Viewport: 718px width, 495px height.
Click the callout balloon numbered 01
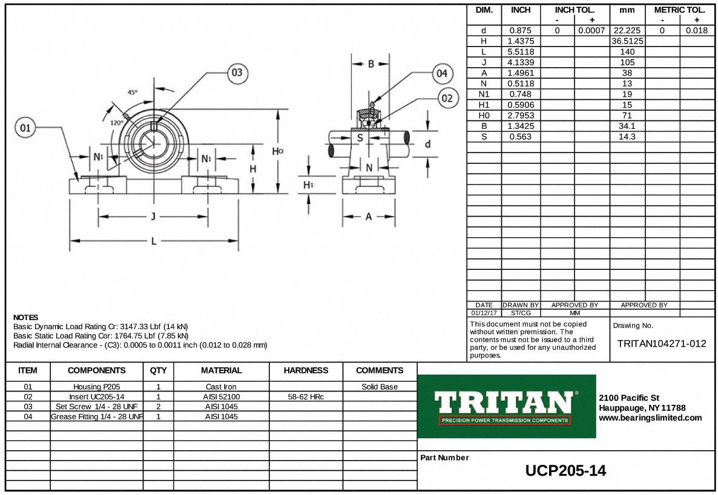click(x=25, y=128)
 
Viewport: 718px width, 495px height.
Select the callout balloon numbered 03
click(x=237, y=73)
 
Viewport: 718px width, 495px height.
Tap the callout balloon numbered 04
click(x=443, y=73)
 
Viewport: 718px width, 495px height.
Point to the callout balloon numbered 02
click(x=447, y=99)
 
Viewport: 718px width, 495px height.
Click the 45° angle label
click(x=132, y=93)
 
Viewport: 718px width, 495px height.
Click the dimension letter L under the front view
click(x=153, y=241)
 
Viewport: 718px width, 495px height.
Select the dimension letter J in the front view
click(x=153, y=217)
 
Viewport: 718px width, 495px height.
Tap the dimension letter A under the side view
click(x=368, y=217)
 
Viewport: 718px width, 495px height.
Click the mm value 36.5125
click(x=627, y=41)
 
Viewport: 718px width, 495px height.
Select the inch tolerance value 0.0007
click(x=591, y=31)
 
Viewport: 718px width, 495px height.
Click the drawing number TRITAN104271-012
click(x=662, y=344)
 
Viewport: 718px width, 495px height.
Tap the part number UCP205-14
click(x=565, y=471)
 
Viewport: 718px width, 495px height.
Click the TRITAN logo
click(x=506, y=406)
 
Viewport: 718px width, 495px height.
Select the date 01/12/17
click(x=484, y=313)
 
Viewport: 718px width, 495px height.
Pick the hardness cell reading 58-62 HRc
click(x=306, y=397)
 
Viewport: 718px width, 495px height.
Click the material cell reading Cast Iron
click(x=221, y=387)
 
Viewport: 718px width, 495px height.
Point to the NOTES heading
click(x=25, y=318)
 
